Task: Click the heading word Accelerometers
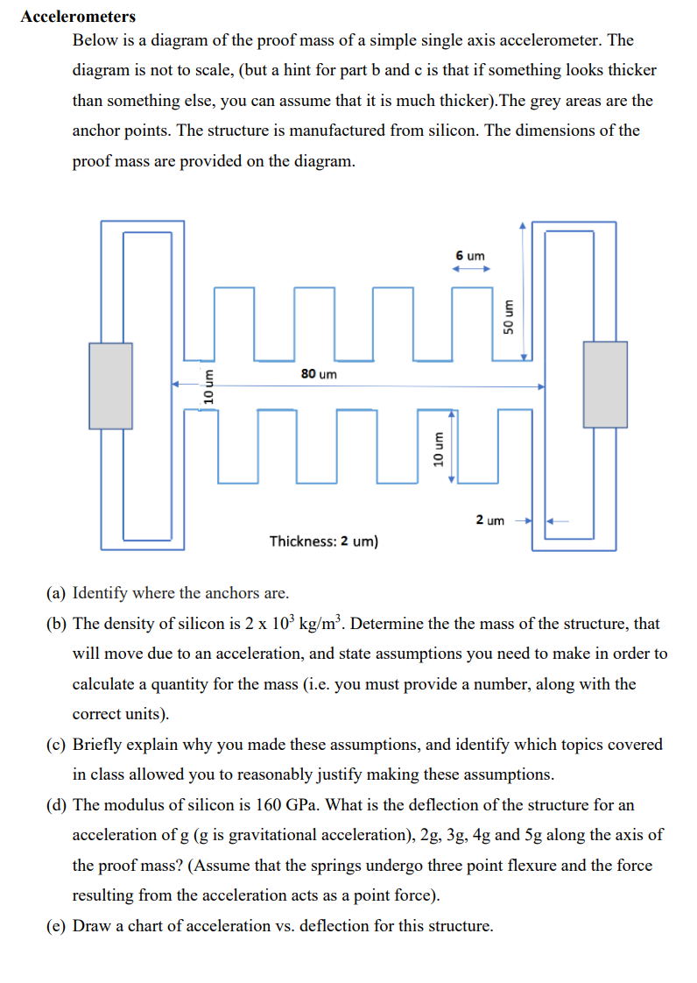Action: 78,17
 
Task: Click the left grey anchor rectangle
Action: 110,385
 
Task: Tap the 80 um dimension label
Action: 318,374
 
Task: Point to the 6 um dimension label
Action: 469,256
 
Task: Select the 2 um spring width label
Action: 489,520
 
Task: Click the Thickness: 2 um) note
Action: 324,541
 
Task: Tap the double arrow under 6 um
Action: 469,270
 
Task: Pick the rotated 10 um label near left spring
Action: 208,385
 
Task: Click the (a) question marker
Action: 56,593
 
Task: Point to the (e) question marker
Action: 56,926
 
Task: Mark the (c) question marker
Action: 56,745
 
